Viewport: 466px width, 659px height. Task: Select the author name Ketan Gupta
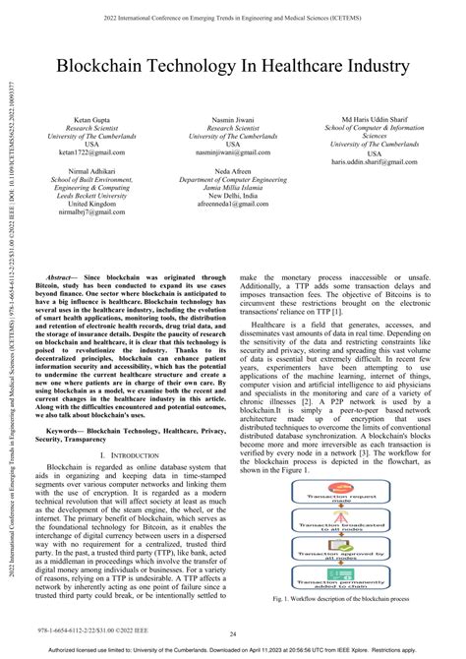90,118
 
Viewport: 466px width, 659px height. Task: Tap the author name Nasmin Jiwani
234,118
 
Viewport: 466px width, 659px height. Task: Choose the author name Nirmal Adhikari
89,170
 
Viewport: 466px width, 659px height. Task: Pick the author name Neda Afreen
232,170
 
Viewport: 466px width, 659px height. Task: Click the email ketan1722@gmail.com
90,153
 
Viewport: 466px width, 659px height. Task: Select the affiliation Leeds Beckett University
89,196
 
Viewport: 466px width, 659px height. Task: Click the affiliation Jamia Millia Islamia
232,187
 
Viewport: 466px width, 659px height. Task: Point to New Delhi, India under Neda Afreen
232,195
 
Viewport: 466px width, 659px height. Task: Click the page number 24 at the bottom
233,634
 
